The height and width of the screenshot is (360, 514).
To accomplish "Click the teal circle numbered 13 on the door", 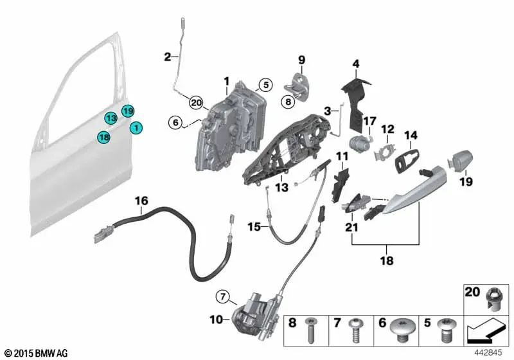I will click(x=111, y=118).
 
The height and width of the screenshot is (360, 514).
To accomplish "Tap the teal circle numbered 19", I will click(x=128, y=111).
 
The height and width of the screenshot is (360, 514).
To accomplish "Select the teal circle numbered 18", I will click(x=103, y=136).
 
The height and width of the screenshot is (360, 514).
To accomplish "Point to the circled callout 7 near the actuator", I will click(x=222, y=296).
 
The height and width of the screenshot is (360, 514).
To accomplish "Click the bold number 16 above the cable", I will click(x=141, y=201).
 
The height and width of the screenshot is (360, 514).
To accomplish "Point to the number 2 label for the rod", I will click(x=168, y=57).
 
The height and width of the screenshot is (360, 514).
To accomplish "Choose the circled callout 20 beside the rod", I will click(x=196, y=102).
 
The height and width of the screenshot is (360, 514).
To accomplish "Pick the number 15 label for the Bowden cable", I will click(x=254, y=227).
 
